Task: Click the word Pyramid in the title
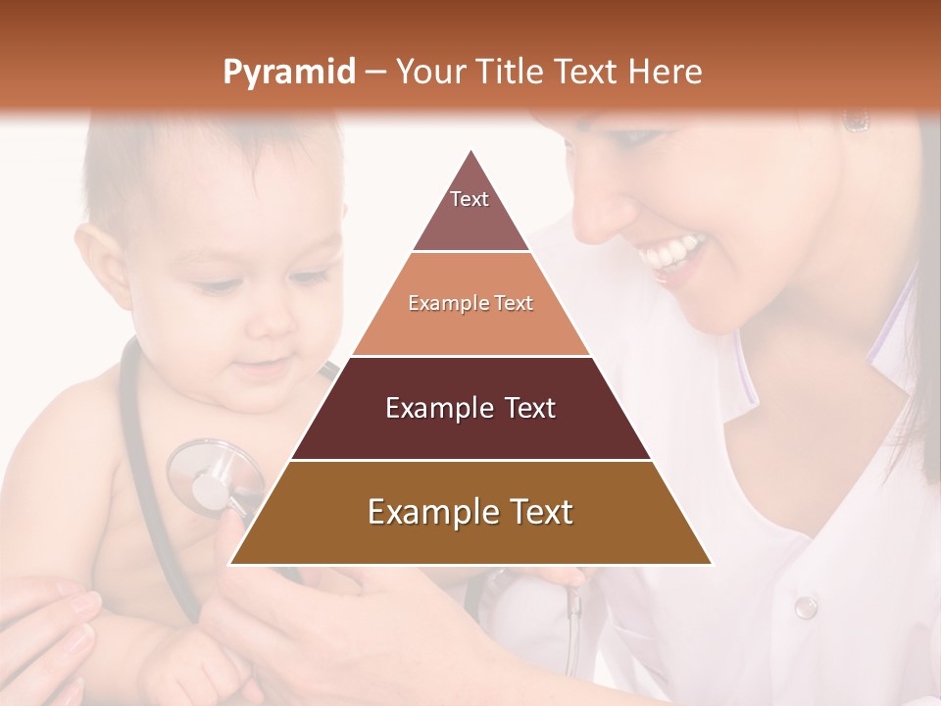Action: [288, 73]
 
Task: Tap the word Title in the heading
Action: [511, 73]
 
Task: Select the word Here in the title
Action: [666, 73]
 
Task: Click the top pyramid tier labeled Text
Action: [470, 206]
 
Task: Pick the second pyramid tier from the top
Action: [470, 304]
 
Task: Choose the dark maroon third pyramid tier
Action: [470, 408]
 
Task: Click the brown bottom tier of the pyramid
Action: [470, 513]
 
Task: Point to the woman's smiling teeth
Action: [674, 253]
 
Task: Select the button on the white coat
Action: [805, 607]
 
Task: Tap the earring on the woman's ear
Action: [856, 121]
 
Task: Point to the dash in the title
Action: [375, 73]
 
